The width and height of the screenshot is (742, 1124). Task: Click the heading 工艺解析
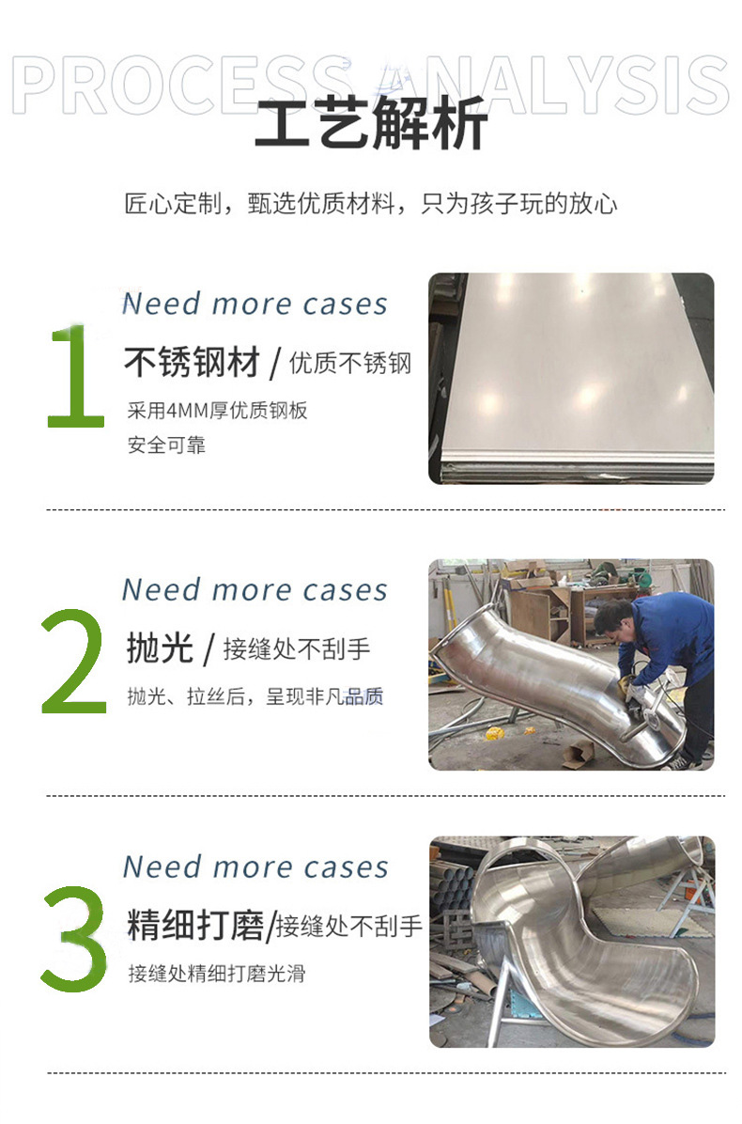pyautogui.click(x=371, y=126)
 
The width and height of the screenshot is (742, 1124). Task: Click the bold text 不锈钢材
pyautogui.click(x=192, y=363)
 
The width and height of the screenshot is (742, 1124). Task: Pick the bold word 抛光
pyautogui.click(x=160, y=648)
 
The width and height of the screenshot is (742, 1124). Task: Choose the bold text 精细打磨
pyautogui.click(x=195, y=925)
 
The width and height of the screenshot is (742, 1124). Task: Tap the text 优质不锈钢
pyautogui.click(x=350, y=364)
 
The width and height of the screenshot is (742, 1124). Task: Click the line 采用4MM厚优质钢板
pyautogui.click(x=217, y=411)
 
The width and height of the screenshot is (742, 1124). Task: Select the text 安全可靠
pyautogui.click(x=166, y=445)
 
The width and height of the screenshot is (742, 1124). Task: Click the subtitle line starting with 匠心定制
pyautogui.click(x=371, y=203)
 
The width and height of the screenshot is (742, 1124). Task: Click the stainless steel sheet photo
pyautogui.click(x=571, y=378)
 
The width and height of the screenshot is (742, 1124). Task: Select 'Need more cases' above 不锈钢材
pyautogui.click(x=255, y=304)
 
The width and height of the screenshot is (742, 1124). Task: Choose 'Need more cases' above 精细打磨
pyautogui.click(x=255, y=866)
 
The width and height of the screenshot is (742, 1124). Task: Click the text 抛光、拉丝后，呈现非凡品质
pyautogui.click(x=255, y=697)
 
